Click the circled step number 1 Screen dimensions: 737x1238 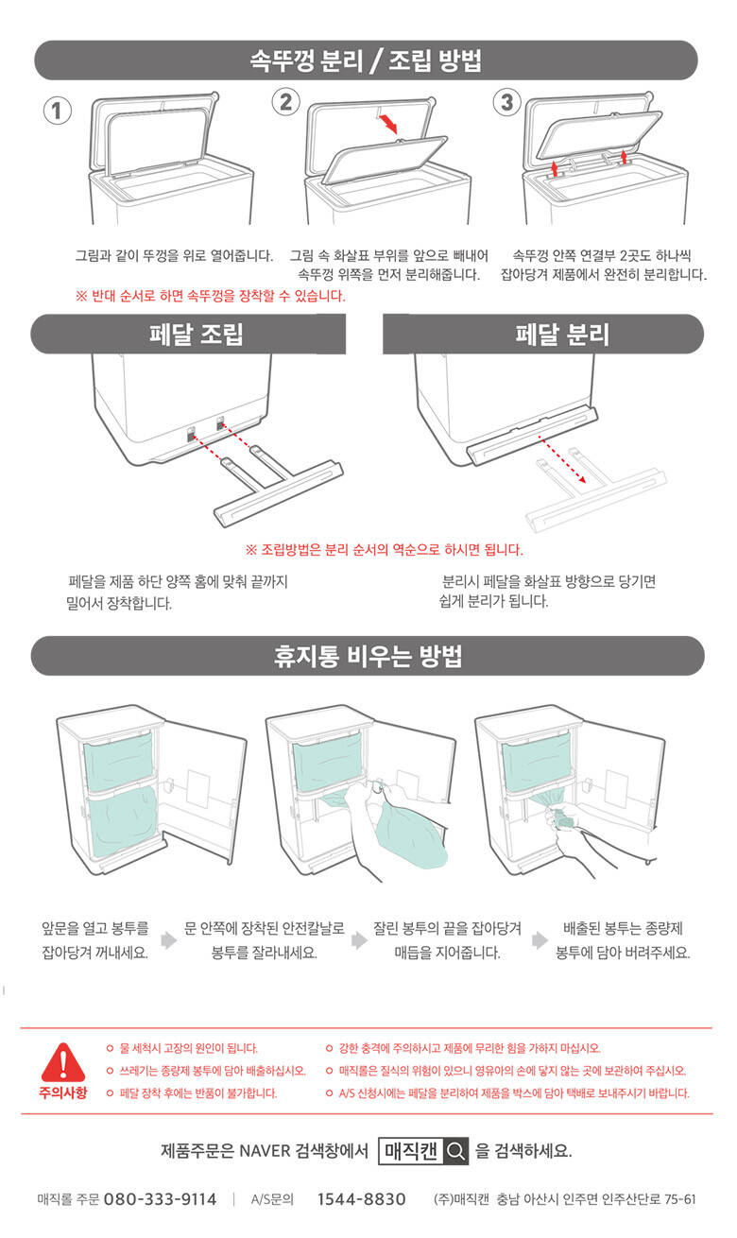pyautogui.click(x=58, y=111)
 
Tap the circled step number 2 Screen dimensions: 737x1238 pyautogui.click(x=286, y=102)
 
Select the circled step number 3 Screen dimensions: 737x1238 pyautogui.click(x=507, y=102)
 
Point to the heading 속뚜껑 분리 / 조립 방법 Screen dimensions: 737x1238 pyautogui.click(x=366, y=60)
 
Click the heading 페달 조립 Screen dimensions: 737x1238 pyautogui.click(x=197, y=335)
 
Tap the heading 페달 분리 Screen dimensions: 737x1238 pyautogui.click(x=562, y=335)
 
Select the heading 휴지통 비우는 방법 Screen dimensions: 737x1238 pyautogui.click(x=368, y=656)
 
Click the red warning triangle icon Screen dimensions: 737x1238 pyautogui.click(x=63, y=1061)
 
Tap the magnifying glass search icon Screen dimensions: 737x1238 pyautogui.click(x=455, y=1151)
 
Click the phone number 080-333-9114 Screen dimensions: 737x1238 pyautogui.click(x=161, y=1199)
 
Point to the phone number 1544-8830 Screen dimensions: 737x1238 pyautogui.click(x=361, y=1199)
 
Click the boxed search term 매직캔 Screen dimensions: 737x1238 pyautogui.click(x=411, y=1151)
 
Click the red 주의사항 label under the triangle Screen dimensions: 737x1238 pyautogui.click(x=63, y=1092)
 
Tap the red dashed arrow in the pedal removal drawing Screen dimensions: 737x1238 pyautogui.click(x=562, y=459)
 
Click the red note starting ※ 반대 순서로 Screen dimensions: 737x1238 pyautogui.click(x=211, y=296)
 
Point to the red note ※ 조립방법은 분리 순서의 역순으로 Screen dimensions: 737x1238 pyautogui.click(x=385, y=550)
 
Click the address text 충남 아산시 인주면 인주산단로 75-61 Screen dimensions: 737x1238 pyautogui.click(x=596, y=1199)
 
